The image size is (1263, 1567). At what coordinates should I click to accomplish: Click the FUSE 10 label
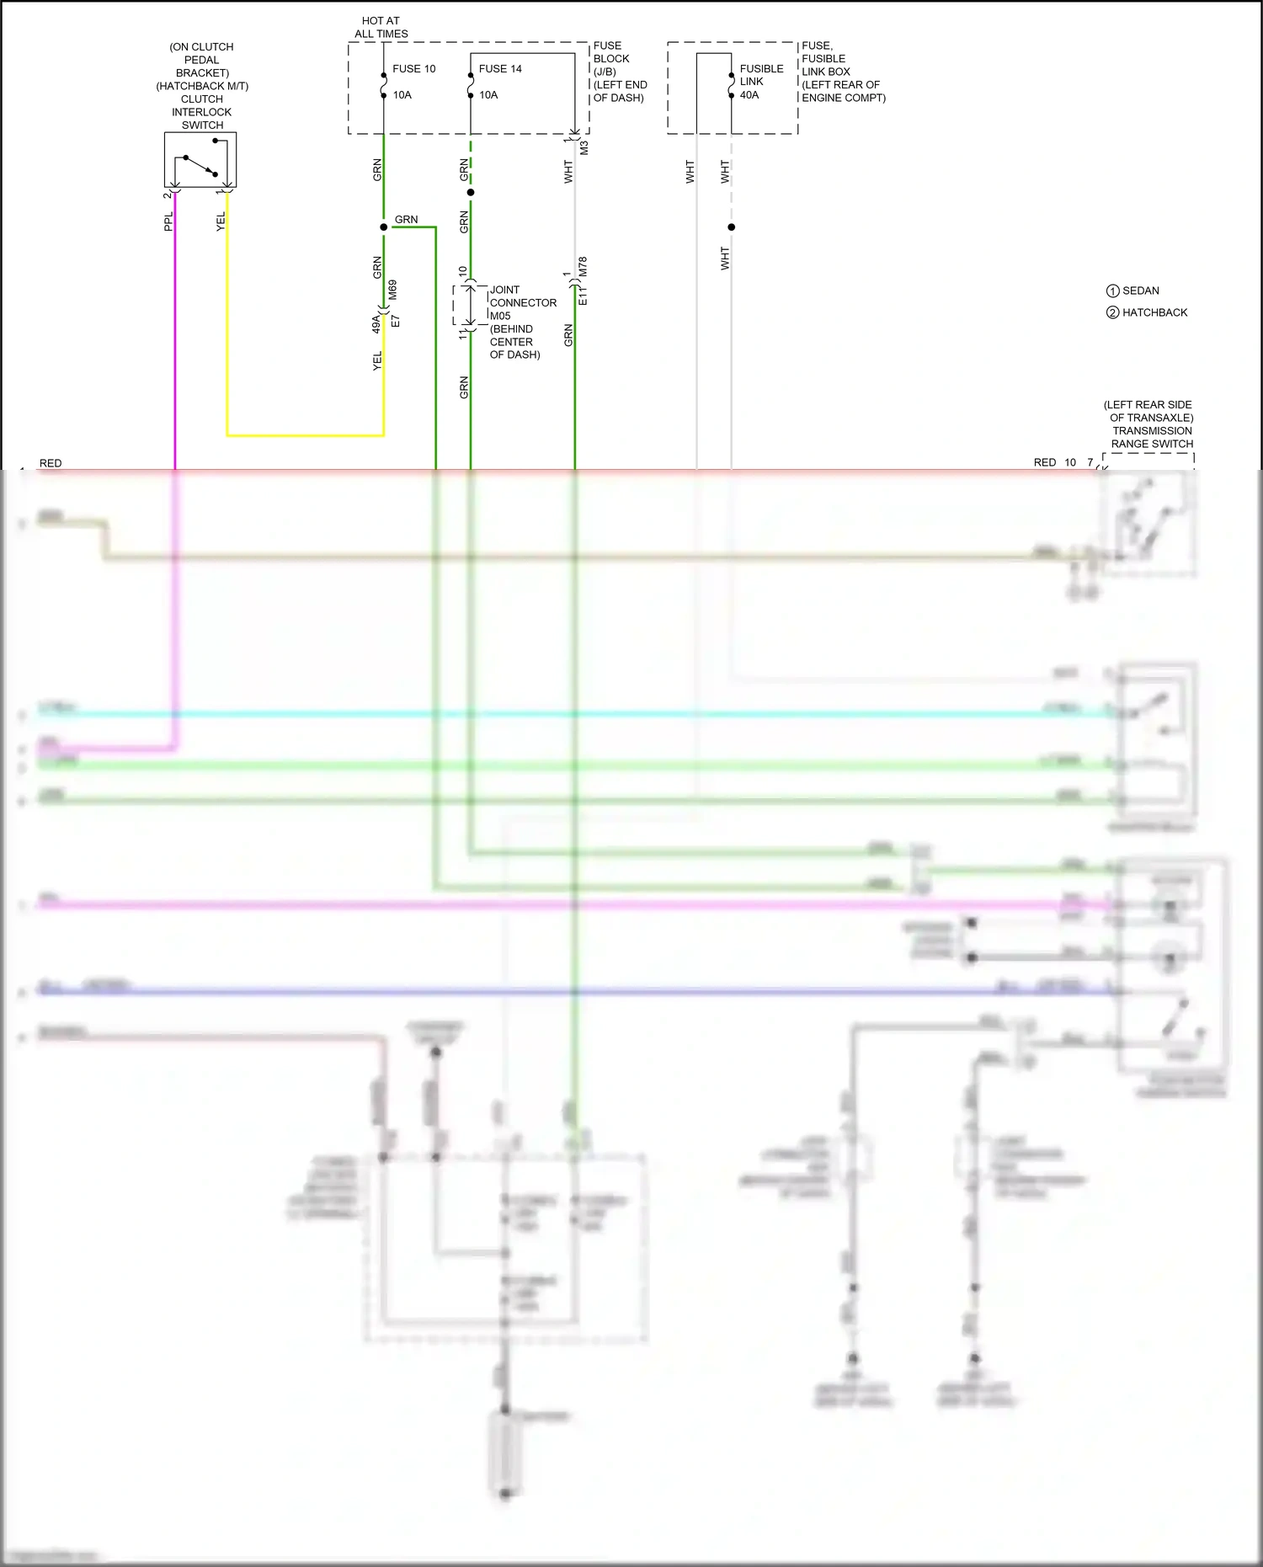413,69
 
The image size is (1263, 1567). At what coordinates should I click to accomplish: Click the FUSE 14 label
500,69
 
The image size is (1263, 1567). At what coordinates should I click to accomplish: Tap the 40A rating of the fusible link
749,95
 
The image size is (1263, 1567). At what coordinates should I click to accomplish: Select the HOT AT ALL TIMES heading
381,27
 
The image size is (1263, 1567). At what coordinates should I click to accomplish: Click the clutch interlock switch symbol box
200,160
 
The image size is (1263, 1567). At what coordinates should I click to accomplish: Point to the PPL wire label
168,221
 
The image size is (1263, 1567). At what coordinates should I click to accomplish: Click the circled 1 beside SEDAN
1112,290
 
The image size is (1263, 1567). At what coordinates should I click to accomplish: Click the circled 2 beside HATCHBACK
1112,312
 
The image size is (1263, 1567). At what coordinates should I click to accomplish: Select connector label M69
393,290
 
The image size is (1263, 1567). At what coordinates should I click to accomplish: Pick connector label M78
583,267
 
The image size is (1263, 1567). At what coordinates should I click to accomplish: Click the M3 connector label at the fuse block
584,147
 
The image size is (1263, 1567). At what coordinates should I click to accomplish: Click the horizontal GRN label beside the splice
406,220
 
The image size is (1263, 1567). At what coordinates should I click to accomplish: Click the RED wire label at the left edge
51,463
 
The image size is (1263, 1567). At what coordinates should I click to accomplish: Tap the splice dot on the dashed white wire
731,227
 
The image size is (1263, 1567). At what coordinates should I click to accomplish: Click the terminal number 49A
376,324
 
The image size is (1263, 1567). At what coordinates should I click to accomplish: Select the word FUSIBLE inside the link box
761,69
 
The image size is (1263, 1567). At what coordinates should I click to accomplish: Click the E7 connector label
396,322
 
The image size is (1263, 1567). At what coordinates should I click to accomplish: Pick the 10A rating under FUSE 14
488,95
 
